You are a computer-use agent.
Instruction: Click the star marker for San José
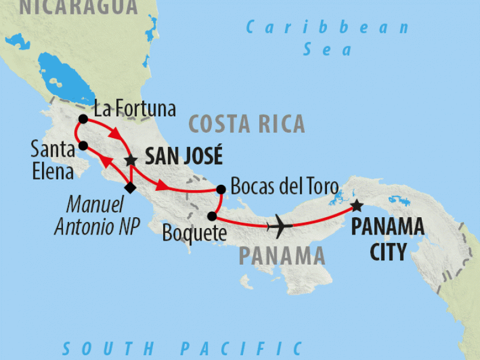coord(130,160)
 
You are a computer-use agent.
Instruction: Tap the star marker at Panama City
coord(356,206)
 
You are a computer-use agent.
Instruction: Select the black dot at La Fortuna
coord(83,119)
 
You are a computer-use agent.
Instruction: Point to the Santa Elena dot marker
coord(83,146)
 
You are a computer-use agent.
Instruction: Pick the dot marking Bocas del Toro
coord(221,190)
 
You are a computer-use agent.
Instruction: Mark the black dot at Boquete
coord(212,216)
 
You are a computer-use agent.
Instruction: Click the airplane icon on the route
coord(279,226)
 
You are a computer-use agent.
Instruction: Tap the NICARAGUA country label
coord(78,7)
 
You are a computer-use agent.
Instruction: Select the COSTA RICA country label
coord(247,124)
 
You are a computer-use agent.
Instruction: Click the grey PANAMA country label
coord(282,256)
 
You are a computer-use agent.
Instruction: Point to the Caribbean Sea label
coord(328,38)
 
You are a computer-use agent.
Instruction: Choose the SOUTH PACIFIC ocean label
coord(182,349)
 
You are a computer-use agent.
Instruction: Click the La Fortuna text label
coord(136,109)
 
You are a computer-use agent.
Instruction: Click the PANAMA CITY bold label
coord(388,239)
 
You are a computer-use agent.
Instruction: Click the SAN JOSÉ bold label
coord(184,157)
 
